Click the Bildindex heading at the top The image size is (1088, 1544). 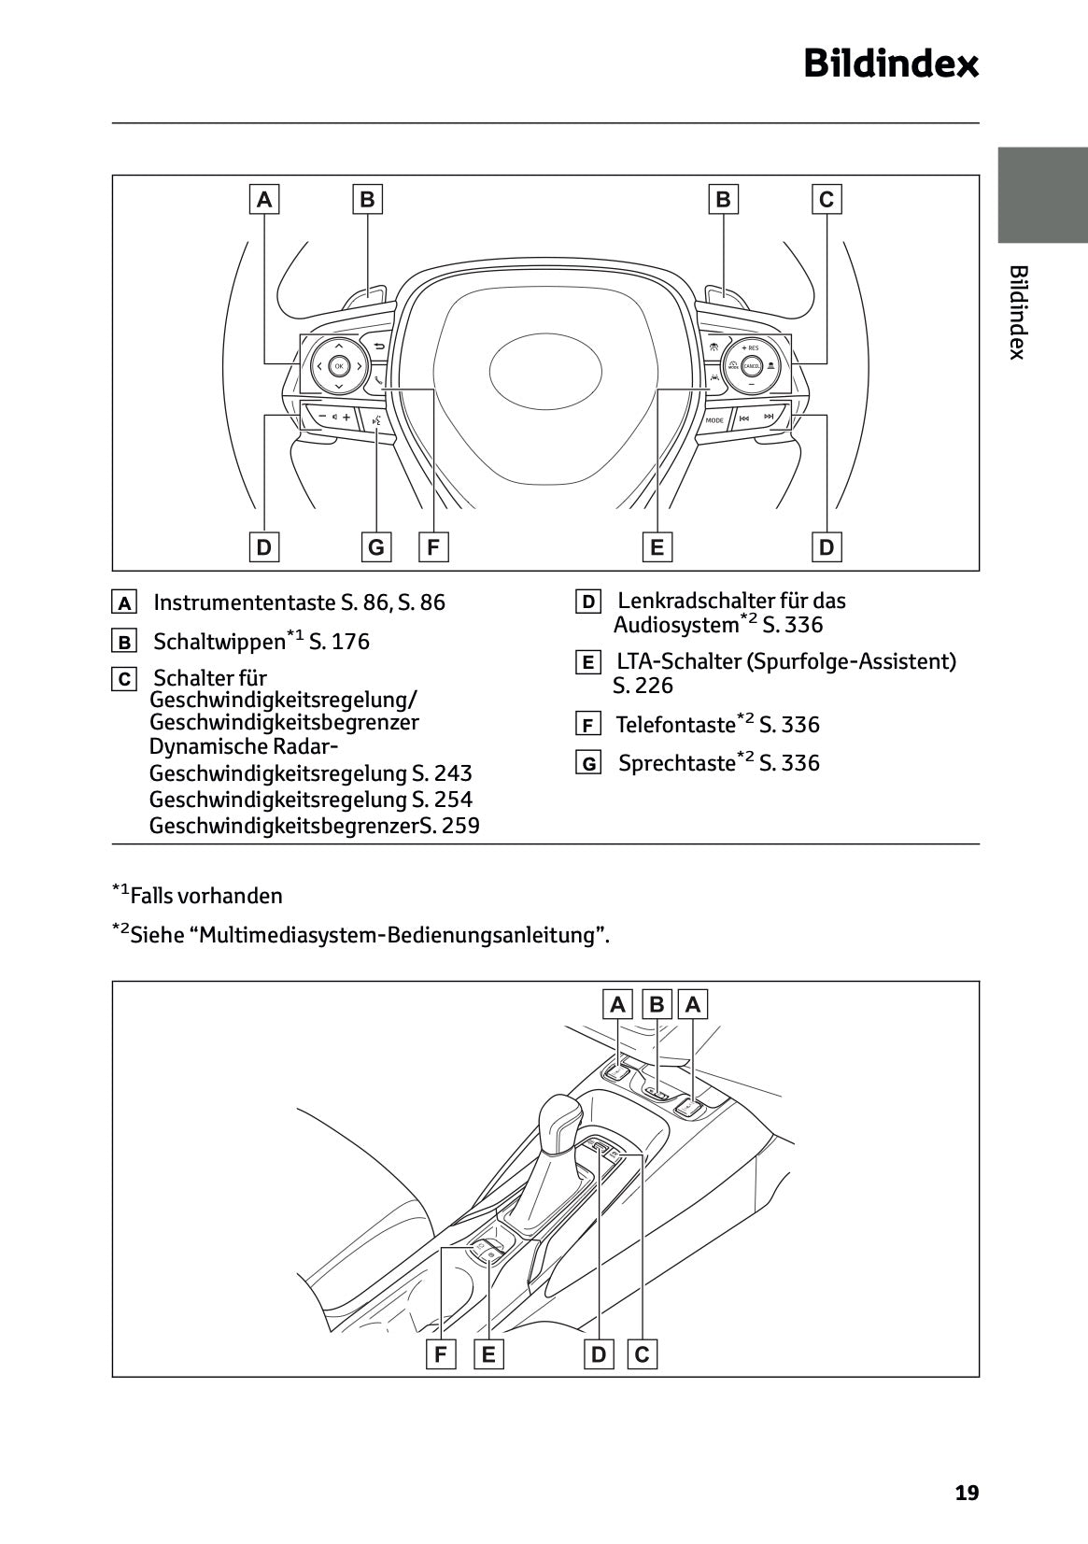891,64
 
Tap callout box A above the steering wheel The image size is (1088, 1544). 264,199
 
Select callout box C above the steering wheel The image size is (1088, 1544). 826,199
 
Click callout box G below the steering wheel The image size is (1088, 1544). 375,546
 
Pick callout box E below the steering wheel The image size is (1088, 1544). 657,546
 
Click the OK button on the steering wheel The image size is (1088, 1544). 338,366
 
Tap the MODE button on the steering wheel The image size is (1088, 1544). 714,419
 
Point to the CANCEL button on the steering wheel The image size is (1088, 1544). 751,366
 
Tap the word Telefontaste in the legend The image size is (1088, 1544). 675,725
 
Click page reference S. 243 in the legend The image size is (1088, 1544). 442,773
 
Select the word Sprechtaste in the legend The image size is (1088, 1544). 677,763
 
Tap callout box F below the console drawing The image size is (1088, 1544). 440,1353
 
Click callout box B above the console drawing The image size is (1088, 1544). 657,1004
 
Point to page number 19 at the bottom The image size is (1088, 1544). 967,1493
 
